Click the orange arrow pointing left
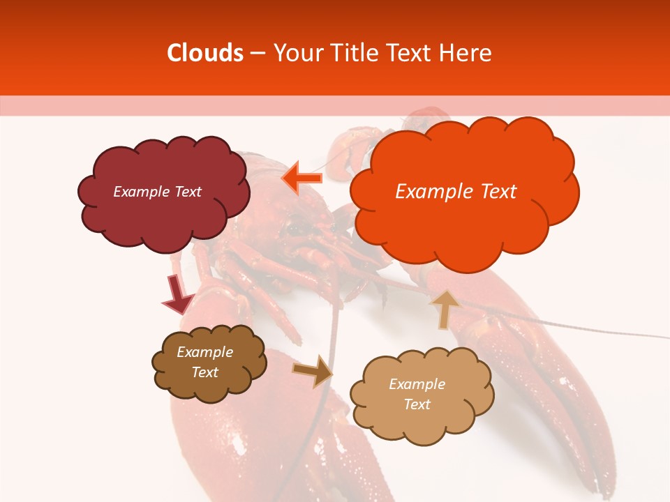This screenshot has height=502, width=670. point(302,178)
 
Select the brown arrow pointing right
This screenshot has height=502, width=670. point(313,371)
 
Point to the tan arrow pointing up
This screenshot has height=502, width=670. point(445,309)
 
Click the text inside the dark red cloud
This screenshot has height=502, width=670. point(157,192)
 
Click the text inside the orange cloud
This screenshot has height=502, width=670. point(456,192)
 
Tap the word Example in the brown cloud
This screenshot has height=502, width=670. point(204,352)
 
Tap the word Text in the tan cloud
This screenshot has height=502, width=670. point(417,404)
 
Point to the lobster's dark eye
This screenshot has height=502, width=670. point(296,227)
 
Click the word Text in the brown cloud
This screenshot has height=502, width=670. point(204,372)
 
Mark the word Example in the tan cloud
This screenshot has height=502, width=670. point(417,384)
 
